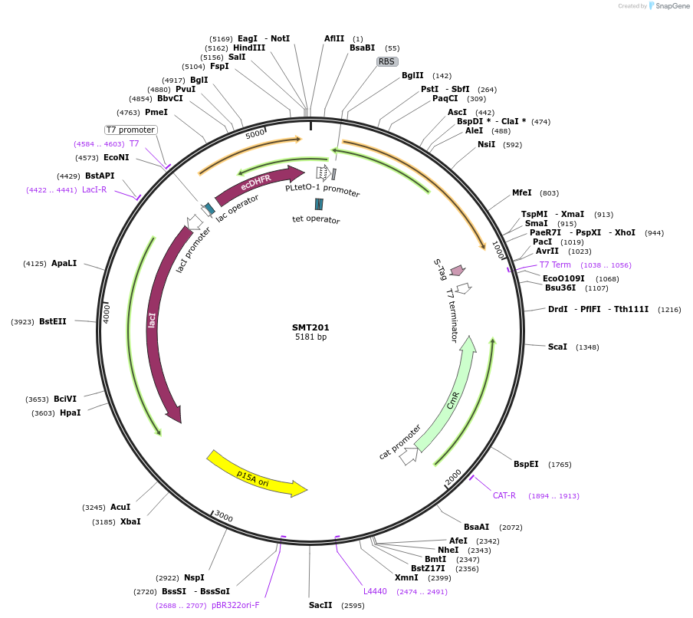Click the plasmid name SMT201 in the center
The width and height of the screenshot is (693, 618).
tap(310, 327)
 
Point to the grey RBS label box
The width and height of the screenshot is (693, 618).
tap(387, 61)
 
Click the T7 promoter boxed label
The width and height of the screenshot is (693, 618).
tap(130, 130)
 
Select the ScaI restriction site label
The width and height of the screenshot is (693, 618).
tap(557, 347)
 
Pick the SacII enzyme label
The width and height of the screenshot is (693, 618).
tap(320, 605)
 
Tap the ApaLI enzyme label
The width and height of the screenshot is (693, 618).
tap(64, 263)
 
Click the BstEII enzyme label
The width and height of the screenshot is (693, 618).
tap(53, 322)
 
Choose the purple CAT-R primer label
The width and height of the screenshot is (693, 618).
tap(504, 495)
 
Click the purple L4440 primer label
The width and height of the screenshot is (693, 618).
tap(375, 591)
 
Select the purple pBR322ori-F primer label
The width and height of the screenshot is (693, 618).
tap(235, 605)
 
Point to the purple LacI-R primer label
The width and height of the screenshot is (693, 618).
tap(94, 190)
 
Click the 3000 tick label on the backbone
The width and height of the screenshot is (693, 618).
tap(223, 516)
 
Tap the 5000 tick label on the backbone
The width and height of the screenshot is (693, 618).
tap(255, 133)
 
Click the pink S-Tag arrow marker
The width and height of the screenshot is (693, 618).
tap(458, 270)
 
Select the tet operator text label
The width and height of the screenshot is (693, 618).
tap(316, 220)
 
